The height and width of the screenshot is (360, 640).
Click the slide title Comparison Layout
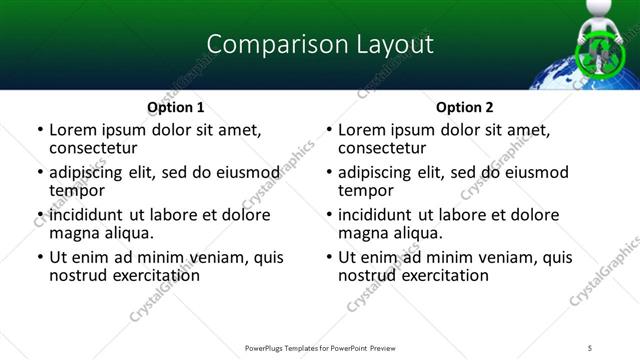tap(320, 44)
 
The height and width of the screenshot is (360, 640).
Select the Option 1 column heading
tap(175, 107)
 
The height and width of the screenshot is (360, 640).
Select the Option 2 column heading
tap(464, 107)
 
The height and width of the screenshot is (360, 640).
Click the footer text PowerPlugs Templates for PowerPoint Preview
tap(320, 348)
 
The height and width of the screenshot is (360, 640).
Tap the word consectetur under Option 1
tap(92, 148)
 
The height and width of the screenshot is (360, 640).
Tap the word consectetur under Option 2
tap(381, 148)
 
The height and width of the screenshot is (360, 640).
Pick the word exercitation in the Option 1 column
tap(150, 275)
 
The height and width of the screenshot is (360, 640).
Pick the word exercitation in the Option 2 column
tap(439, 275)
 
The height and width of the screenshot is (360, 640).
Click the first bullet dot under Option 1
tap(39, 130)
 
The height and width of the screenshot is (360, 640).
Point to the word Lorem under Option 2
tap(361, 130)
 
